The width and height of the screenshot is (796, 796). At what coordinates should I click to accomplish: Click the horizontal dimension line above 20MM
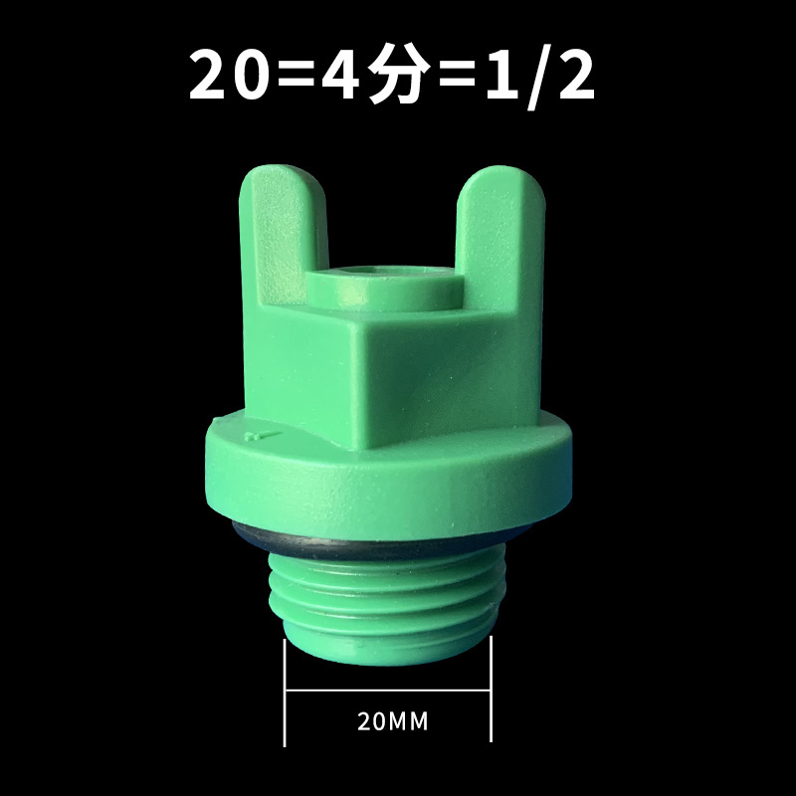388,690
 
